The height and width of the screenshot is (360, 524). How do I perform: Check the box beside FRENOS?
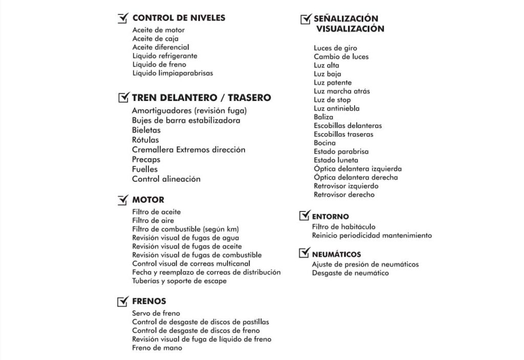[123, 302]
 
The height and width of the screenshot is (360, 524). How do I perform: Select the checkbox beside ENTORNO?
[304, 216]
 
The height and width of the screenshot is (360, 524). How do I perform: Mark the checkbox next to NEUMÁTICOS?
[304, 253]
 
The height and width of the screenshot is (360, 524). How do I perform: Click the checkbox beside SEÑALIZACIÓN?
[305, 19]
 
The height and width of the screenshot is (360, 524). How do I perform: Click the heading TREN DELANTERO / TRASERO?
[201, 97]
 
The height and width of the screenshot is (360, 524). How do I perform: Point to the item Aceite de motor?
[159, 30]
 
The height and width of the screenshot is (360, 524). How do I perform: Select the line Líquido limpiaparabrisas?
[172, 73]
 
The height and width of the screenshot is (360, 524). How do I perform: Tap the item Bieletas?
[146, 131]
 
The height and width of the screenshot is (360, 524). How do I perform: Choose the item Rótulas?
[145, 140]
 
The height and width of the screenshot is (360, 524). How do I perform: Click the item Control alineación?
[166, 179]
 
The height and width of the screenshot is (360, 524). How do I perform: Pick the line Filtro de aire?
[153, 221]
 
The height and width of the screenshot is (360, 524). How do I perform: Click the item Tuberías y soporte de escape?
[179, 281]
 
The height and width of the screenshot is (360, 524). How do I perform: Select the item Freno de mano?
[157, 348]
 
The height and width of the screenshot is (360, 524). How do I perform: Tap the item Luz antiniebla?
[337, 109]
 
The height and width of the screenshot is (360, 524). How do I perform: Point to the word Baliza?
[323, 117]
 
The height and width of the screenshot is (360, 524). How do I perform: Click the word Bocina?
[325, 143]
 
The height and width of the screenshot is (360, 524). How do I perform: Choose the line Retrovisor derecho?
[344, 195]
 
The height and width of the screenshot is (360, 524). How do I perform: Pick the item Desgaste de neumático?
[351, 273]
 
